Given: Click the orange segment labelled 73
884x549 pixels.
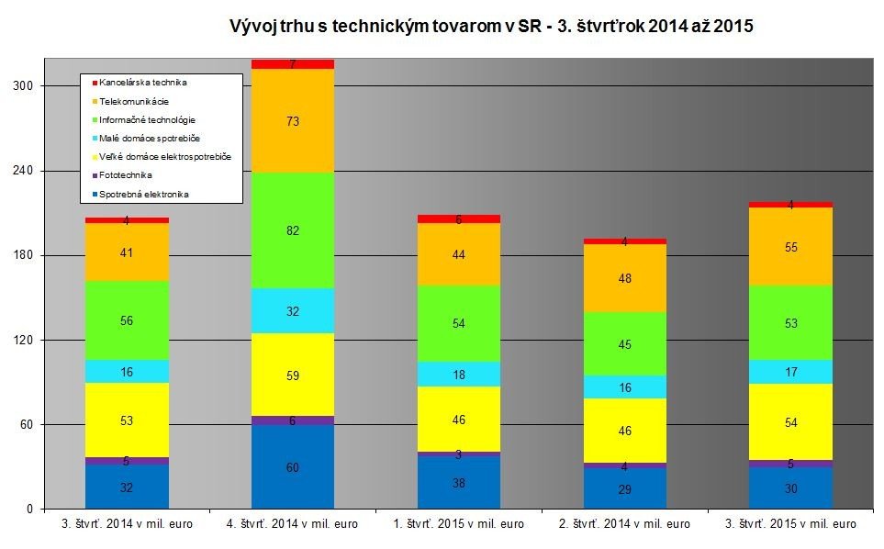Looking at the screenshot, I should click(x=292, y=120).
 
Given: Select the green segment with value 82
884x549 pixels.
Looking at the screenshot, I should click(x=292, y=230).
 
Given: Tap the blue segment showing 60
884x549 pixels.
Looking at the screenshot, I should click(x=292, y=466).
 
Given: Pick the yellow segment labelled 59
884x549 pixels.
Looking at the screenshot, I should click(x=292, y=375).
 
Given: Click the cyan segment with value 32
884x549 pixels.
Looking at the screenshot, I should click(x=292, y=311).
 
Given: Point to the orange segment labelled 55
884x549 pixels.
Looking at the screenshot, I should click(x=790, y=246).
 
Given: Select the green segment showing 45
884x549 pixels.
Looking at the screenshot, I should click(x=624, y=344).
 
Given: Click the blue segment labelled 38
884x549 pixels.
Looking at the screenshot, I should click(x=458, y=482).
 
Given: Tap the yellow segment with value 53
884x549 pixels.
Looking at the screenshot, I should click(x=127, y=420).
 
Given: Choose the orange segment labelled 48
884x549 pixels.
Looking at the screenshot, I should click(x=624, y=278).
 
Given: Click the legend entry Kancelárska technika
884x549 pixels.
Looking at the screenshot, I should click(x=143, y=83).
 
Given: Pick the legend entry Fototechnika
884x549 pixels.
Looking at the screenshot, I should click(x=127, y=175).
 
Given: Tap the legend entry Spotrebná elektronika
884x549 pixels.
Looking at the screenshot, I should click(x=145, y=194).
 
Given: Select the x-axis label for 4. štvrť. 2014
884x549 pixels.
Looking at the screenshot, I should click(x=293, y=524).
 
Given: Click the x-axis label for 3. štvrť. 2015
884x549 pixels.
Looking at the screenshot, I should click(x=790, y=524).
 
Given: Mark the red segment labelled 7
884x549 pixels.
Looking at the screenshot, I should click(x=292, y=64).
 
